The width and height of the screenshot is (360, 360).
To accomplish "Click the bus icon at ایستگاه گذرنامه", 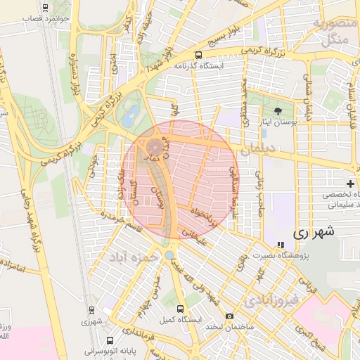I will click(x=199, y=54).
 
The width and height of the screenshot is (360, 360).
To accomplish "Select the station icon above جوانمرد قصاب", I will click(x=46, y=8).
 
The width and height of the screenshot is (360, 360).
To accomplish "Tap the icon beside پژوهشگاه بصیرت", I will click(x=281, y=245).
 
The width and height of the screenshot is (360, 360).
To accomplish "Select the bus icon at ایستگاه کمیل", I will click(x=180, y=309).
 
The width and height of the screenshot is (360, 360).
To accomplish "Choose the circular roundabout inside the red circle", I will click(x=154, y=146).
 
